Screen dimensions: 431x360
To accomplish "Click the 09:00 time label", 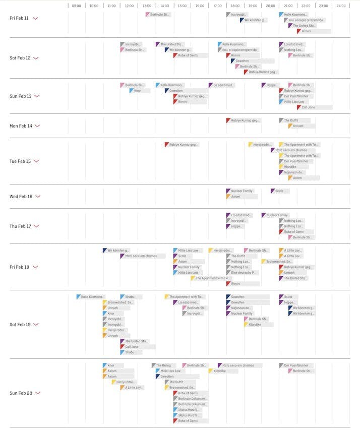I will pyautogui.click(x=76, y=6).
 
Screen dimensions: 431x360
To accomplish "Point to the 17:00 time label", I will pyautogui.click(x=217, y=6).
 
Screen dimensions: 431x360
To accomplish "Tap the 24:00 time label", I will pyautogui.click(x=341, y=6).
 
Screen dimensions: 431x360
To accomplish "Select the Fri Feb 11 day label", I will pyautogui.click(x=20, y=18).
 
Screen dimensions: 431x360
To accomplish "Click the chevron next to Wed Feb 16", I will pyautogui.click(x=38, y=197).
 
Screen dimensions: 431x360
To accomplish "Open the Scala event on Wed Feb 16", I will pyautogui.click(x=280, y=191).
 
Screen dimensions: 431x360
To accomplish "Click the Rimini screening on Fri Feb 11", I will pyautogui.click(x=313, y=31).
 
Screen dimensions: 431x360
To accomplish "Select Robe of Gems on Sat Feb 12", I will pyautogui.click(x=190, y=55).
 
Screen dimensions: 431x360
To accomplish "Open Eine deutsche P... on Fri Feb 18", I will pyautogui.click(x=245, y=273).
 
